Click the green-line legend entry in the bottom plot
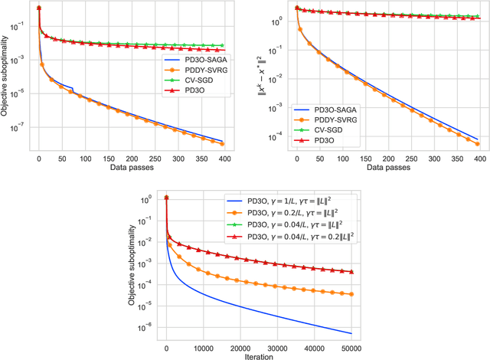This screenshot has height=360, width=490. point(288,225)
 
